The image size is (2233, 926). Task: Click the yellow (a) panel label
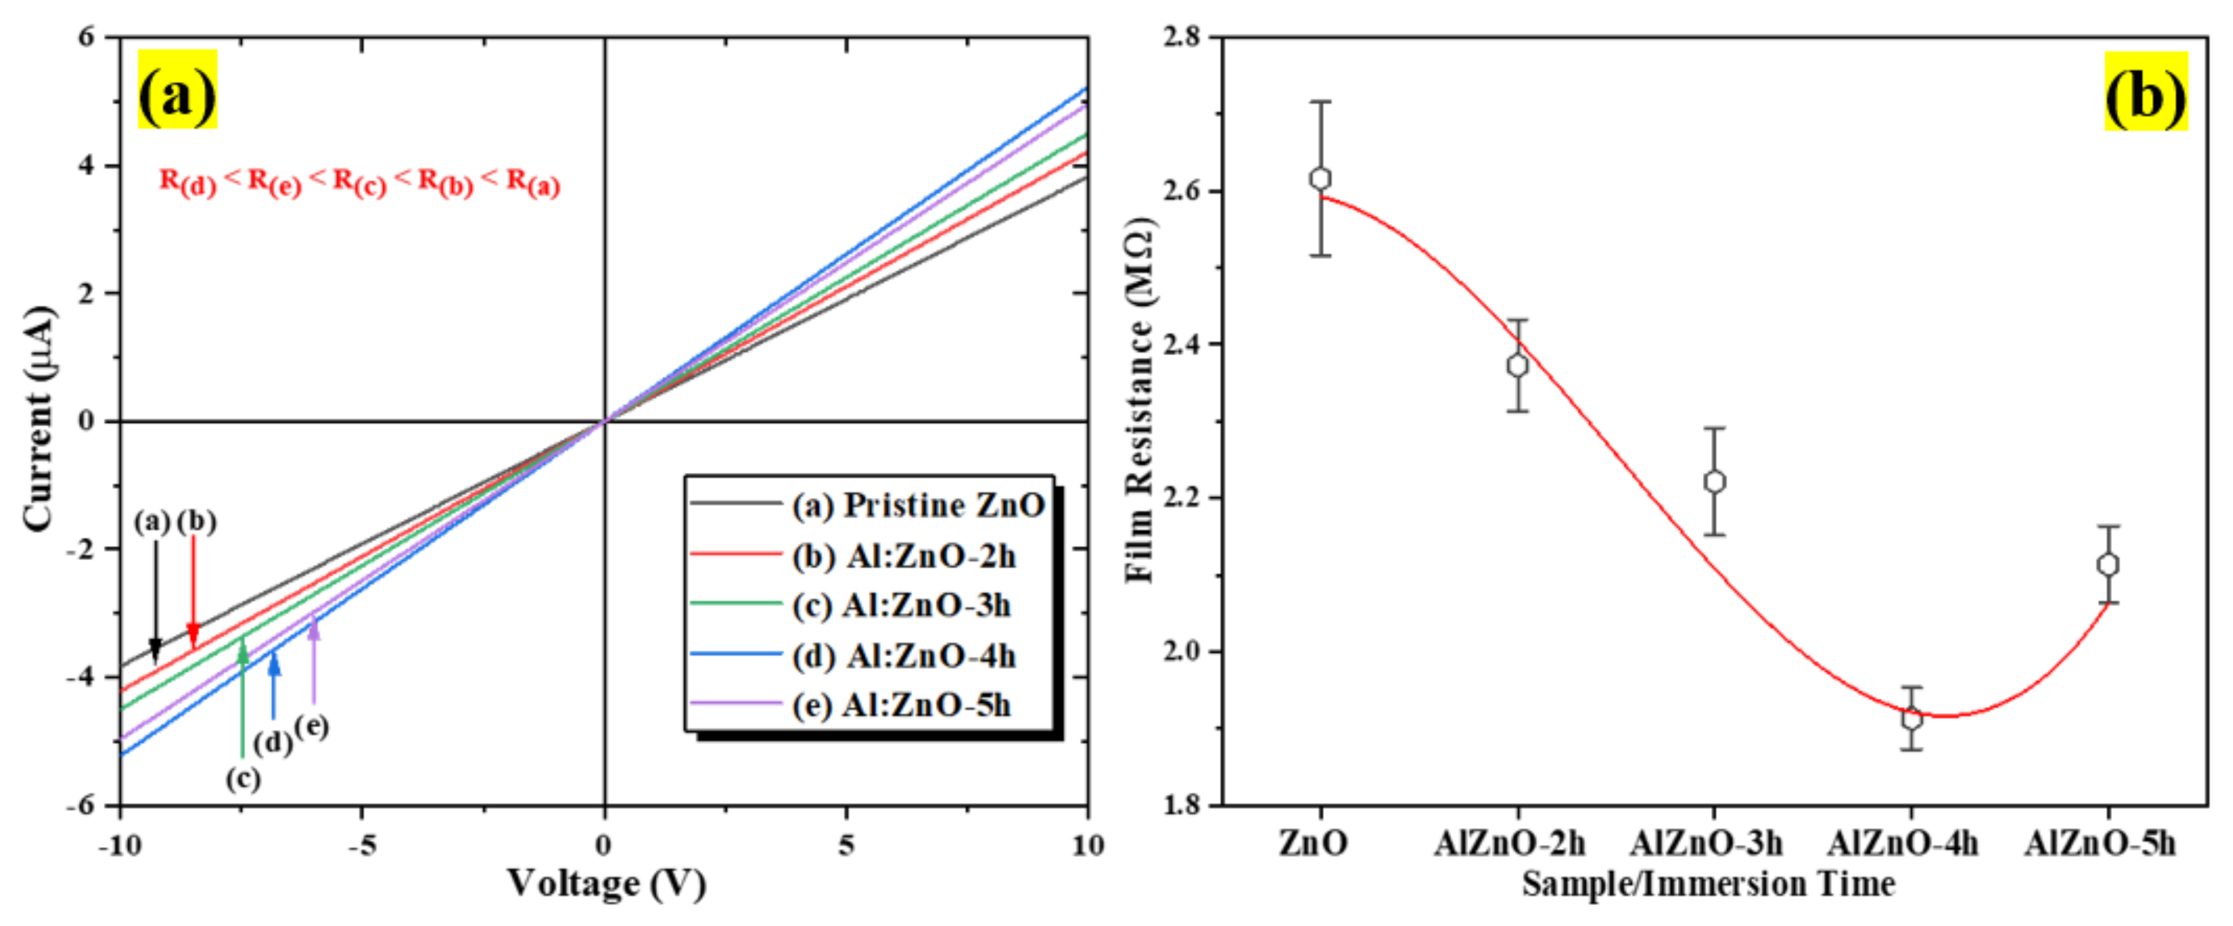pyautogui.click(x=177, y=90)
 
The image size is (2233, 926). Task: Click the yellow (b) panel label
pyautogui.click(x=2145, y=91)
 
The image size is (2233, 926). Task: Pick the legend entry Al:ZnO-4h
pyautogui.click(x=903, y=656)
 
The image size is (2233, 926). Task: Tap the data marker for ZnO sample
pyautogui.click(x=1320, y=179)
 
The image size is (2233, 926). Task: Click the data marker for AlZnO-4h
pyautogui.click(x=1911, y=719)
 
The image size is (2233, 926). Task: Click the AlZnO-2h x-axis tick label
pyautogui.click(x=1509, y=843)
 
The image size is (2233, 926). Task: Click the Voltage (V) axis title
pyautogui.click(x=606, y=884)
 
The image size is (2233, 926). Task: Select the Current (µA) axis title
pyautogui.click(x=39, y=420)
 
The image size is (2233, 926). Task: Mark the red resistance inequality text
pyautogui.click(x=359, y=182)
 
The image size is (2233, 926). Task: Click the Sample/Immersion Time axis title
pyautogui.click(x=1708, y=884)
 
